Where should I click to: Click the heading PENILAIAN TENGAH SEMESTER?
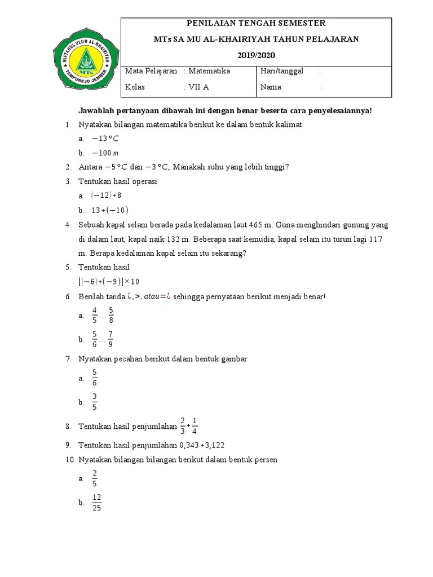point(256,23)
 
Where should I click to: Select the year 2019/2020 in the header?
point(256,55)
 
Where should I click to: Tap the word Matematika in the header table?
point(209,71)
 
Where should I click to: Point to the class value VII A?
point(198,87)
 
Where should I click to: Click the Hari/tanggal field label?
point(282,71)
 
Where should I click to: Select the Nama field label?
point(271,87)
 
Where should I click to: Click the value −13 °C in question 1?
point(105,139)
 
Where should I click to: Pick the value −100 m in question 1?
point(105,153)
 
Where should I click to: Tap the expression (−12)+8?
point(106,196)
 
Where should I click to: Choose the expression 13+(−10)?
point(110,210)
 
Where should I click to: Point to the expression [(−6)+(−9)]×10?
point(109,282)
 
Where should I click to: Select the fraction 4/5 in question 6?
point(95,316)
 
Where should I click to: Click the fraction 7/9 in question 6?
point(111,340)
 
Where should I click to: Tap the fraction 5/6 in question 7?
point(95,378)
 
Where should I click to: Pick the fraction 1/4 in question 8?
point(195,426)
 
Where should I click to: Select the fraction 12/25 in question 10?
point(96,503)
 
